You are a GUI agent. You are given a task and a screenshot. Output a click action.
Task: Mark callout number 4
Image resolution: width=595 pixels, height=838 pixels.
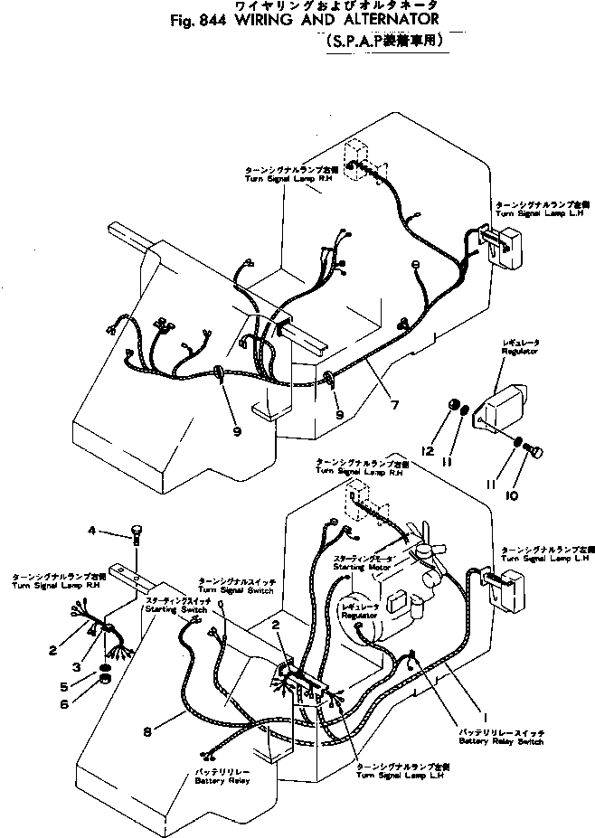pyautogui.click(x=90, y=530)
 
